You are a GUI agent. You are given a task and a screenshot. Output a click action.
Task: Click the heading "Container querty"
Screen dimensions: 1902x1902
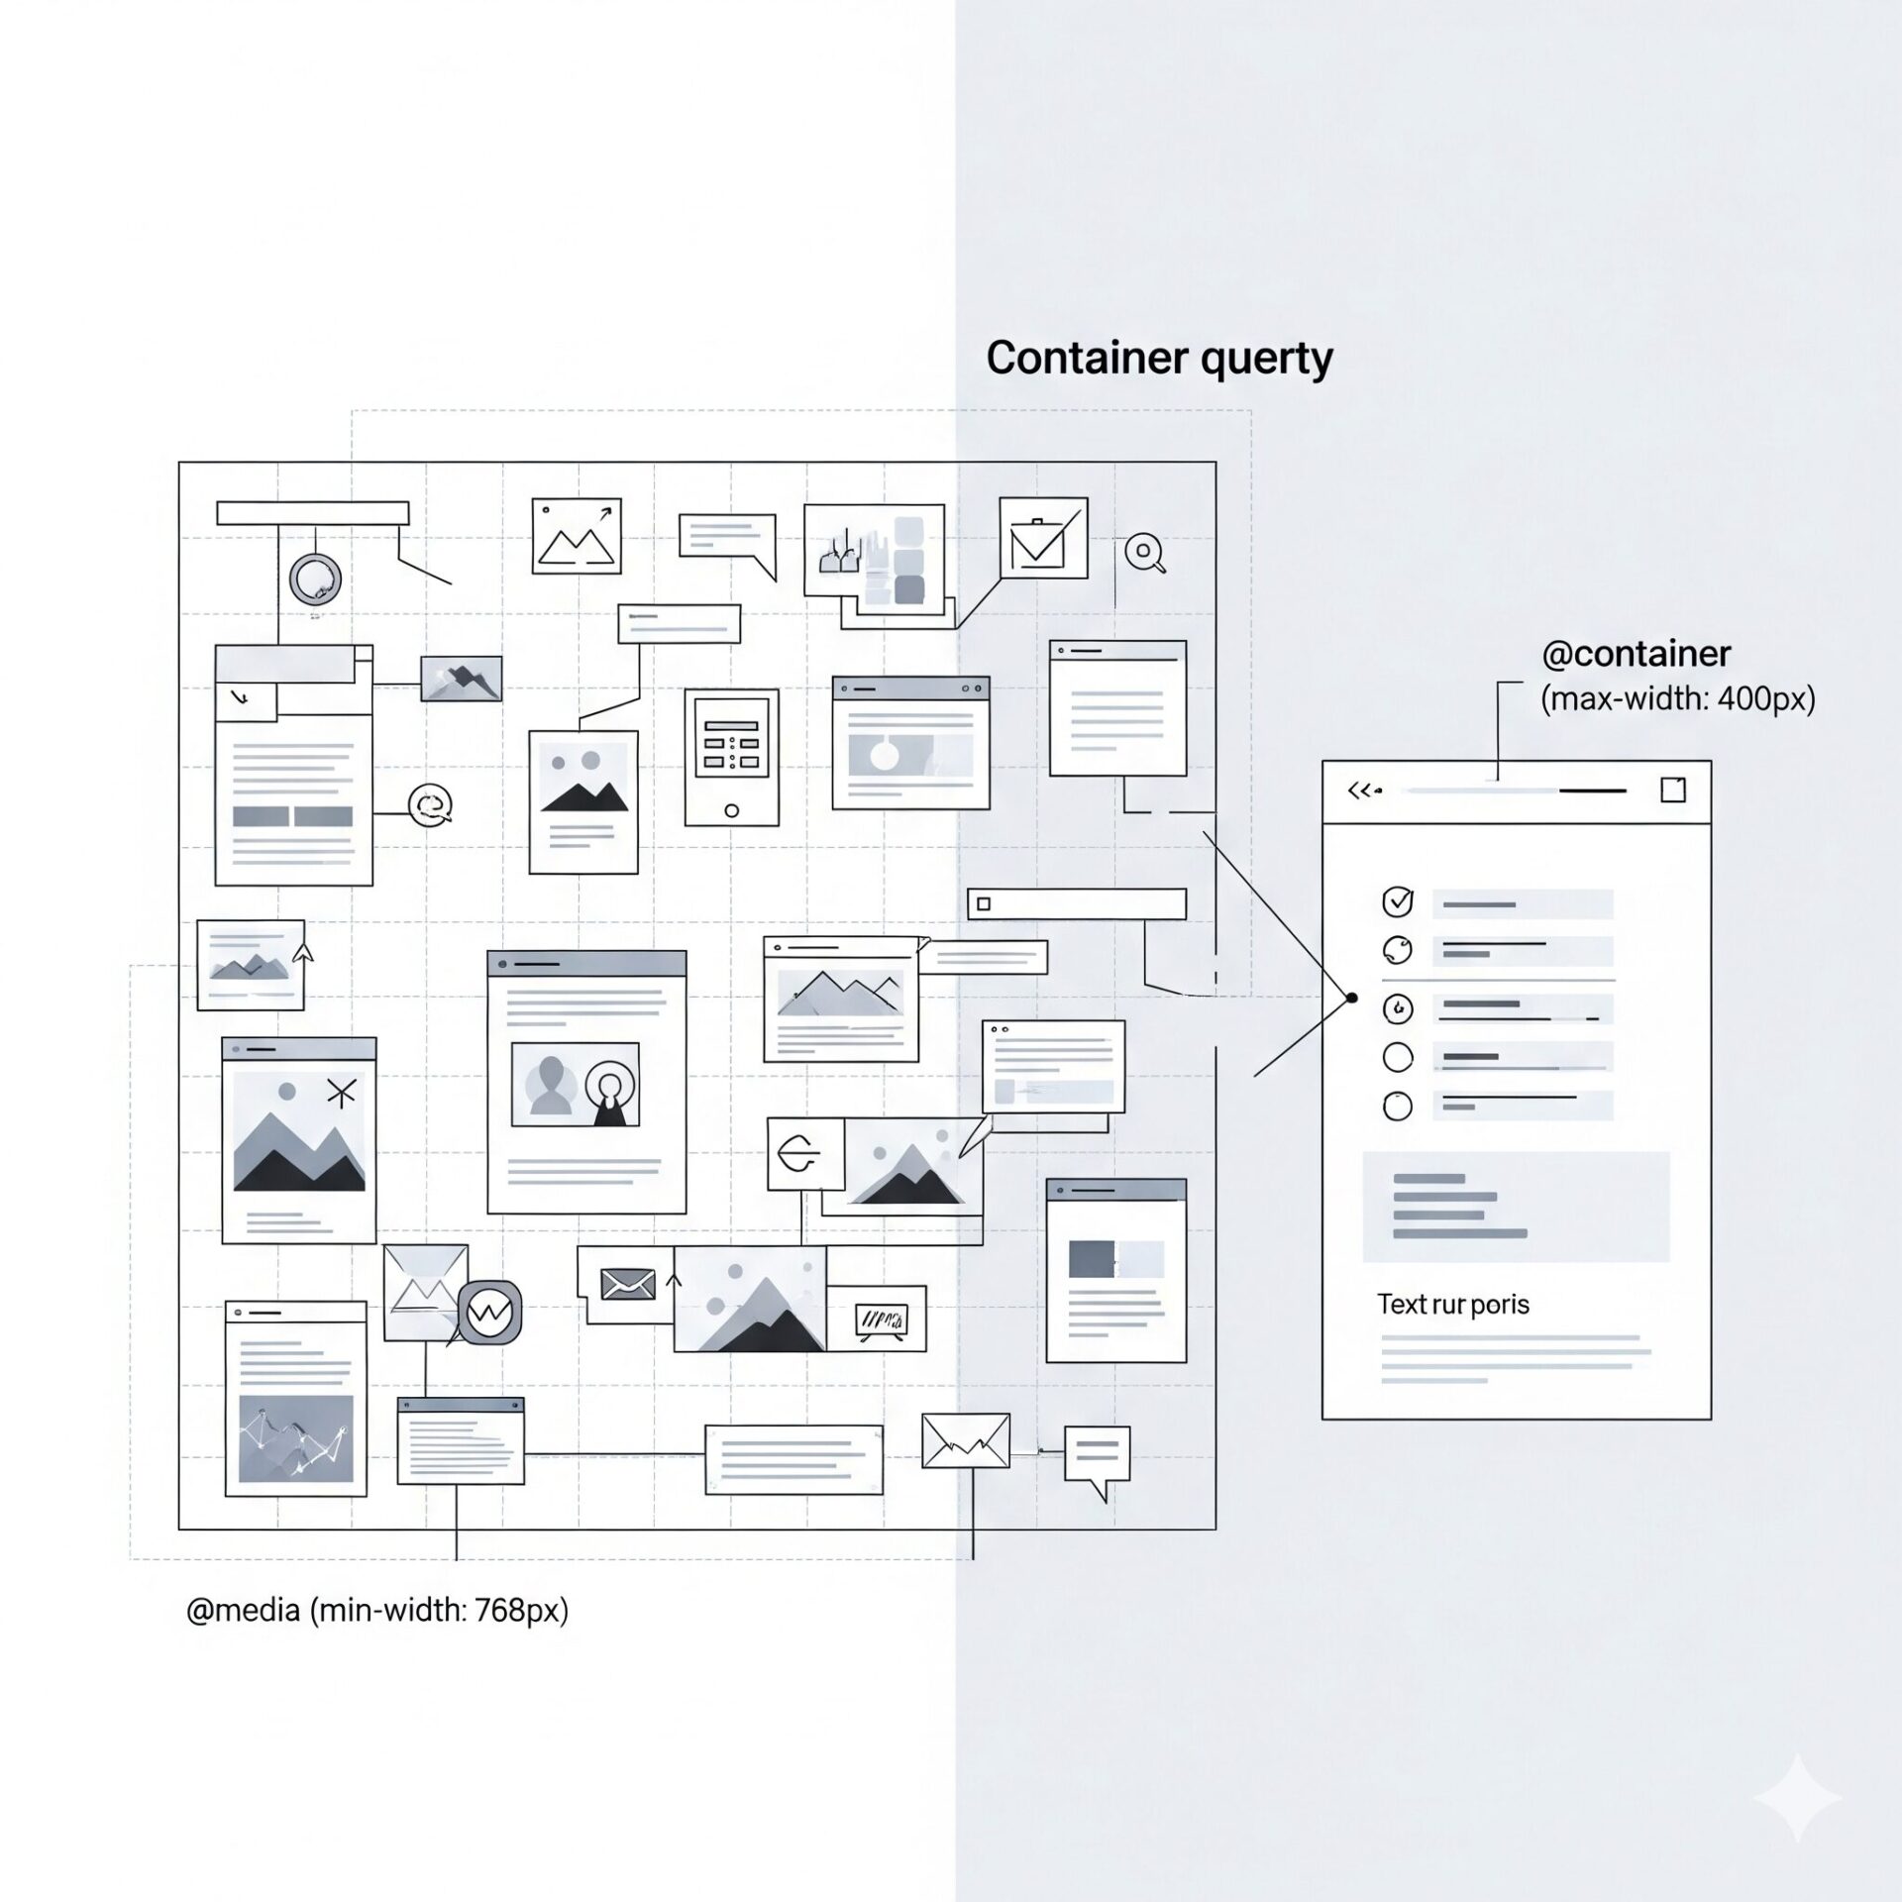(x=1159, y=359)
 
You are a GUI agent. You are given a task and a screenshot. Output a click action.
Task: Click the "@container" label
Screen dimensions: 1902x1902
(x=1636, y=654)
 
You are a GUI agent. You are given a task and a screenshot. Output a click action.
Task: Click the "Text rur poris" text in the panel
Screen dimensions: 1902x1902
(x=1452, y=1304)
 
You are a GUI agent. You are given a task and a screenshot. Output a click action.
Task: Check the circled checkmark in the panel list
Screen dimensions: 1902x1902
(x=1397, y=901)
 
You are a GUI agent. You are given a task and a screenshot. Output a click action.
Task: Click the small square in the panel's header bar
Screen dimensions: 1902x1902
(x=1672, y=790)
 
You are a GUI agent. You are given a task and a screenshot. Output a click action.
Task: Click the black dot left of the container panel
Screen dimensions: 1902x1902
(x=1351, y=998)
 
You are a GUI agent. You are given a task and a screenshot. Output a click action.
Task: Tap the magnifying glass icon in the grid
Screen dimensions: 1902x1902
(x=1145, y=552)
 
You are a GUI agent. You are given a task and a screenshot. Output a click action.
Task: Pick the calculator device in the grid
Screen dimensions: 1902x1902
(x=731, y=757)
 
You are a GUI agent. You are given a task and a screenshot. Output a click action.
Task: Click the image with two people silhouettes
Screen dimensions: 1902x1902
(x=575, y=1084)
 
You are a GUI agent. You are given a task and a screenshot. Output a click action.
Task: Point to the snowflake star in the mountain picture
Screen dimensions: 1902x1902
(x=341, y=1093)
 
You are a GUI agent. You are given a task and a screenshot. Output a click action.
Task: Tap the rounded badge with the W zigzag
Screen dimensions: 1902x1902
(x=489, y=1313)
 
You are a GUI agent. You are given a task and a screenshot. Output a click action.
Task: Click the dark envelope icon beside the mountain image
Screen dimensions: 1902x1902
(x=628, y=1285)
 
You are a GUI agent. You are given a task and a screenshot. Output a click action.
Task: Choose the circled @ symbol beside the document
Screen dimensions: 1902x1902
(x=431, y=804)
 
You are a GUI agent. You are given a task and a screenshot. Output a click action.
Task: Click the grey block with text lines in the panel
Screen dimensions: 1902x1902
(x=1515, y=1207)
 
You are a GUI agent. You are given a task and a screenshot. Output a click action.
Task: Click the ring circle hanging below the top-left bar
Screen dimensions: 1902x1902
(x=315, y=580)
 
